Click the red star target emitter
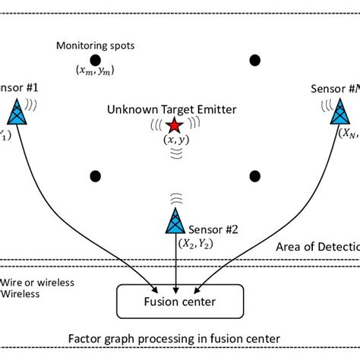point(175,125)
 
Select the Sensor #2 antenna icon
point(175,220)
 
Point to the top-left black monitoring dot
point(96,59)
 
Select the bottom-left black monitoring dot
point(96,175)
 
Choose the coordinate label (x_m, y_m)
point(96,71)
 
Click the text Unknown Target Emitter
point(172,109)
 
